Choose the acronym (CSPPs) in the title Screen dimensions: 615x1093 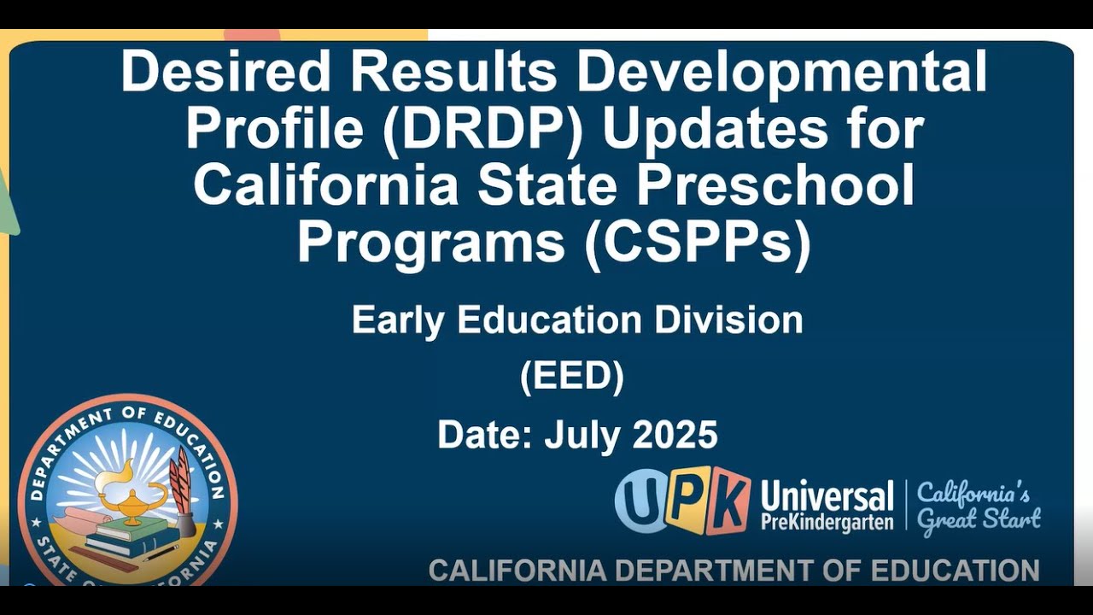[x=698, y=243]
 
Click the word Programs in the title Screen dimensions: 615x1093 [x=431, y=243]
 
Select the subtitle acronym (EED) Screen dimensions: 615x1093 [x=572, y=377]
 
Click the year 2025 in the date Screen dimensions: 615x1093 [x=675, y=435]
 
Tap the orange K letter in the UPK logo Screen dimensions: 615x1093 [x=728, y=501]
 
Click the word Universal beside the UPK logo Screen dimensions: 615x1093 [x=827, y=495]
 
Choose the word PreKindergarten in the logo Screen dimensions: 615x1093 [x=827, y=522]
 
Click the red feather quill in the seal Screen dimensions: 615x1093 [x=181, y=483]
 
